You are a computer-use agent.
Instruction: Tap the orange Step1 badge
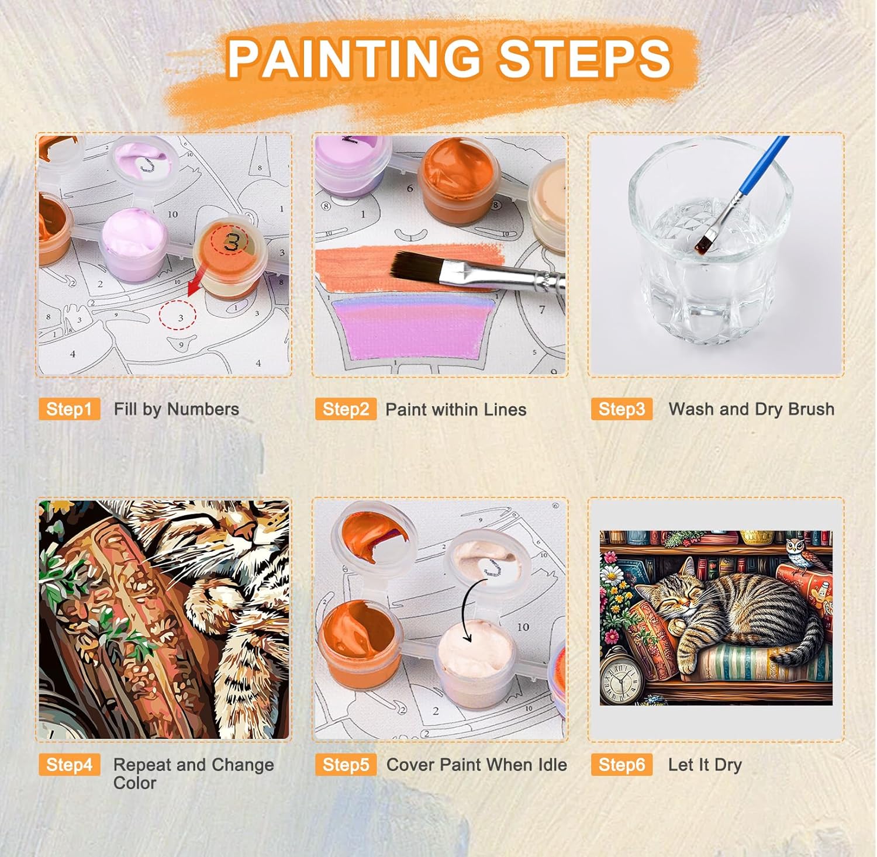70,409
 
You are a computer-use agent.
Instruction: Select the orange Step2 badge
346,409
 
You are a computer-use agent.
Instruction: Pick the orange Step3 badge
622,409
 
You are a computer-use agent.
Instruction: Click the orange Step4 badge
70,765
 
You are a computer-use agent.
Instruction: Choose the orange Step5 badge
346,765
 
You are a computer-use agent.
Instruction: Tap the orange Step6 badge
622,765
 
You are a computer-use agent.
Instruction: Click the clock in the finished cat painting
622,673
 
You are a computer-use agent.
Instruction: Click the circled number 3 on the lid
230,241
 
